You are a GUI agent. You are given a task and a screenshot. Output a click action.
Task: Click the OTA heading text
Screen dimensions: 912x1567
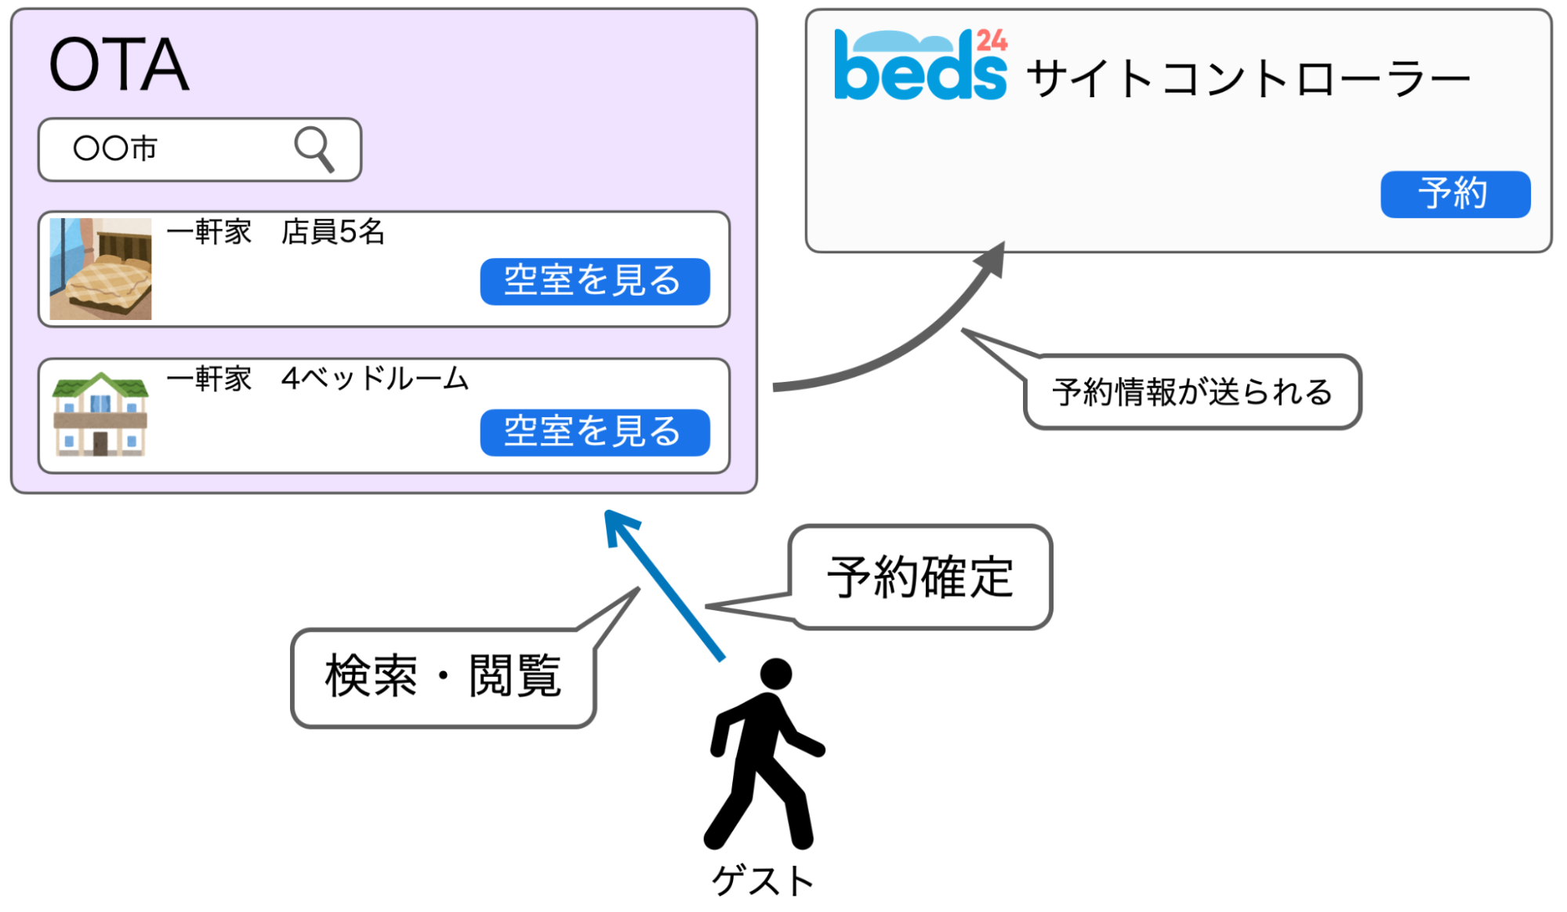[118, 65]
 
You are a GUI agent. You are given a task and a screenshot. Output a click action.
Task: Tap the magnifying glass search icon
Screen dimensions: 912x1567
[314, 148]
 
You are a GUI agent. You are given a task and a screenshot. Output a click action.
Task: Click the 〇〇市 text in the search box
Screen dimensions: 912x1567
[115, 148]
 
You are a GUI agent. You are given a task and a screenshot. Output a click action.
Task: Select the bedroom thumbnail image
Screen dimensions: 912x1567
[100, 269]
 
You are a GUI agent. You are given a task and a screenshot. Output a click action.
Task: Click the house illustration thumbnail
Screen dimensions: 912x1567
[100, 414]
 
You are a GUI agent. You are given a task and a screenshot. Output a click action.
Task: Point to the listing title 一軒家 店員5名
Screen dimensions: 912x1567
[275, 232]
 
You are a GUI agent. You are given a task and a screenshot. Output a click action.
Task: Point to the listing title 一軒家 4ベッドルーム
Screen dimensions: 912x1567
[317, 379]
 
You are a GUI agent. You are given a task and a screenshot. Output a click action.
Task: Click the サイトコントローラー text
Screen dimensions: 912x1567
[1246, 79]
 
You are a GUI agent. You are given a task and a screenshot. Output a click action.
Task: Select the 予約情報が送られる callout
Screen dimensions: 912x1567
[1192, 392]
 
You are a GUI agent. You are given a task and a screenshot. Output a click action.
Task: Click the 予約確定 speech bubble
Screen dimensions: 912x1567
[920, 577]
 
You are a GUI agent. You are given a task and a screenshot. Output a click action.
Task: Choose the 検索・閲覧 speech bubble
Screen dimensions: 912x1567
[443, 677]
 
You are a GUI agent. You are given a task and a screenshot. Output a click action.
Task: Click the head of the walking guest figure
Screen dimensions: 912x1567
[776, 674]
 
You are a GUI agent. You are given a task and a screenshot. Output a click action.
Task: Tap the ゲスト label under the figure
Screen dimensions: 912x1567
[763, 881]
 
